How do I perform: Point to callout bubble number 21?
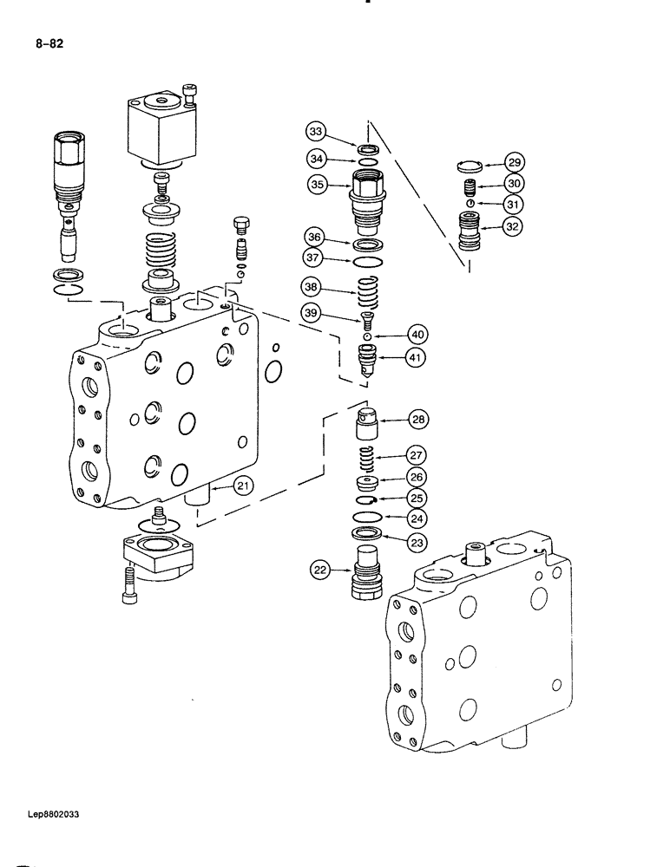(x=243, y=486)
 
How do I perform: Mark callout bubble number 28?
(x=418, y=420)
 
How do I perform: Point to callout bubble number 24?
(x=418, y=520)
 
